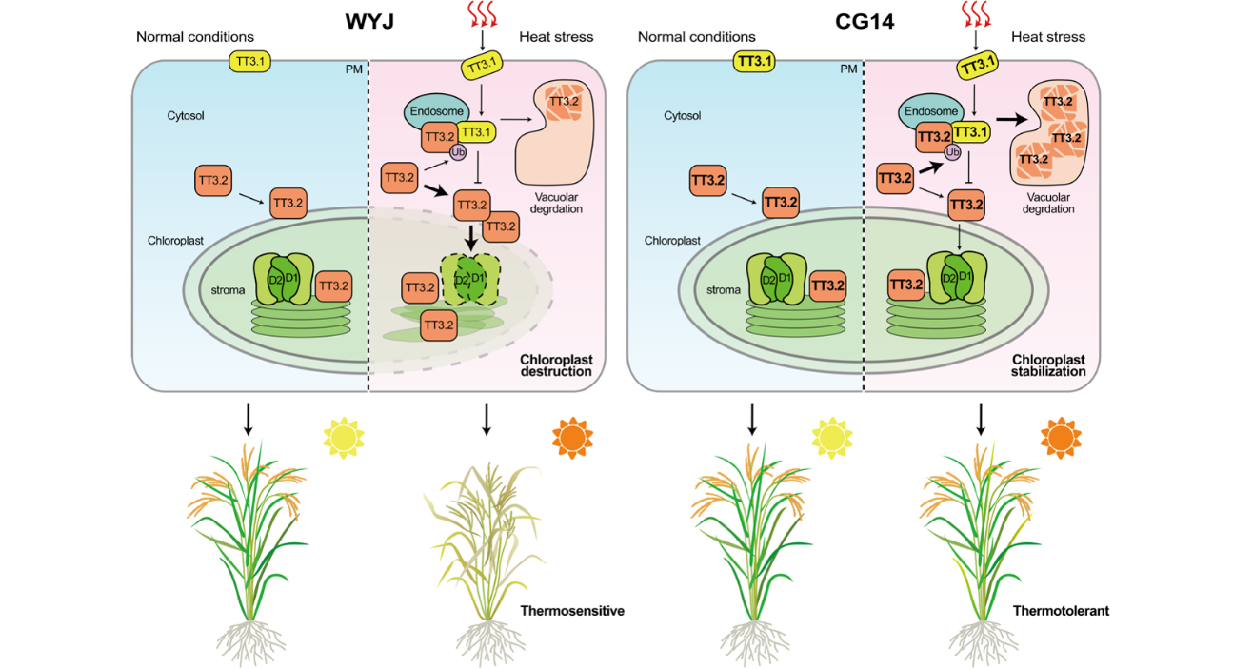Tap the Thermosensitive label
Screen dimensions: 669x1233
[572, 611]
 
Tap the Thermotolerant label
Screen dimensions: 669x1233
[1061, 611]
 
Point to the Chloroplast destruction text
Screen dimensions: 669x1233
[556, 365]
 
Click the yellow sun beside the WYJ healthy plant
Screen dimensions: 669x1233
[343, 436]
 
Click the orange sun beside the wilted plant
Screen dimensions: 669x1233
[571, 436]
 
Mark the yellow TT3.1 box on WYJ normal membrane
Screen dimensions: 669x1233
[251, 62]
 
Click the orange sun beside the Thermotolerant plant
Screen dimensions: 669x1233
[1061, 436]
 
